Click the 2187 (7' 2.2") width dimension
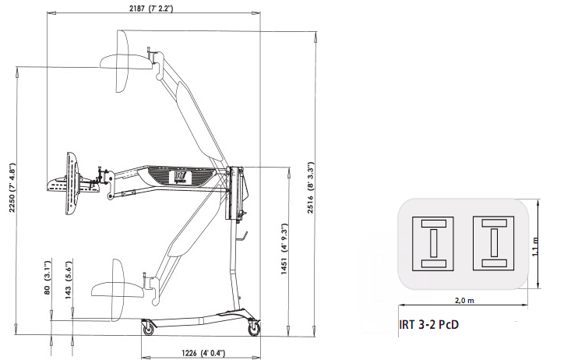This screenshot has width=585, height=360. click(151, 9)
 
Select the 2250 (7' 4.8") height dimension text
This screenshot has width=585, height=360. click(12, 188)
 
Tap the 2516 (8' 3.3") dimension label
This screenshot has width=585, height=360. click(311, 188)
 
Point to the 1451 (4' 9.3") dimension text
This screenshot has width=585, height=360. click(284, 249)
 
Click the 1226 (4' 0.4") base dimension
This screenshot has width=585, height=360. click(203, 353)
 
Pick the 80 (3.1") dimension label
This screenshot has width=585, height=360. click(48, 277)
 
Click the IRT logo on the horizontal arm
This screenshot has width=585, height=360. click(182, 177)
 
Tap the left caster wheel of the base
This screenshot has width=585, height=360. click(148, 328)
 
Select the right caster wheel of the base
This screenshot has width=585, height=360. click(255, 328)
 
